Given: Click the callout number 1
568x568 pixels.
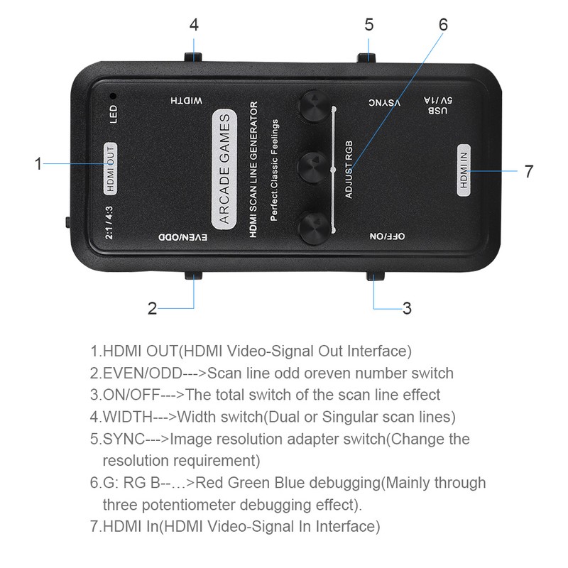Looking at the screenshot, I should click(39, 164).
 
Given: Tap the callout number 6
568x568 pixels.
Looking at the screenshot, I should click(443, 23).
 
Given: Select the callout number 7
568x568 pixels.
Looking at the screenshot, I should click(528, 171).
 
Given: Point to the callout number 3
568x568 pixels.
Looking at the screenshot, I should click(407, 308).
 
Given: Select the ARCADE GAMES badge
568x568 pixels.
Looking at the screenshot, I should click(224, 169).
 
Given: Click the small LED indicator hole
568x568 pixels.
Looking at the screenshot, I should click(111, 94).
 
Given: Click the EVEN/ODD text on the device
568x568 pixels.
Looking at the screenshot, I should click(182, 237).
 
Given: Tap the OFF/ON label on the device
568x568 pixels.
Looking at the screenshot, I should click(387, 237).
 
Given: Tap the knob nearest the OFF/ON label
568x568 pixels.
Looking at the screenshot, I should click(311, 229).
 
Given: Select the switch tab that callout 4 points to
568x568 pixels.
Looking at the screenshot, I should click(192, 58).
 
